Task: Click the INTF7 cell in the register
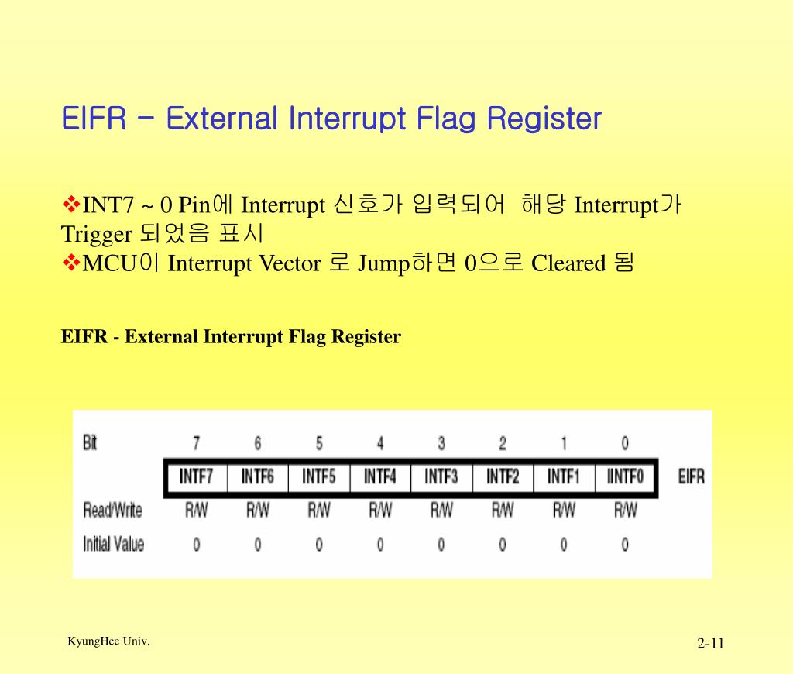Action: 196,476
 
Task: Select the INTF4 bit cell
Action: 379,476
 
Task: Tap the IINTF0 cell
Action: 625,476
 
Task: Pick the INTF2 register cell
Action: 503,476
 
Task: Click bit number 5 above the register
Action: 319,443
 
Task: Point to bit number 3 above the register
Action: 441,443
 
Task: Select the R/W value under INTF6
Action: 258,511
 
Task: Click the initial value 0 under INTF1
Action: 564,545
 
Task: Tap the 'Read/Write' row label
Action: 113,511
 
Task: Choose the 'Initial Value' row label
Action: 113,545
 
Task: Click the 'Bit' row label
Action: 90,443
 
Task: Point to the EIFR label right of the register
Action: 691,476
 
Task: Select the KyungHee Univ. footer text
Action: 108,641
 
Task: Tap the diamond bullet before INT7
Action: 71,205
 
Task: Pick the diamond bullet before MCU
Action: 71,263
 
